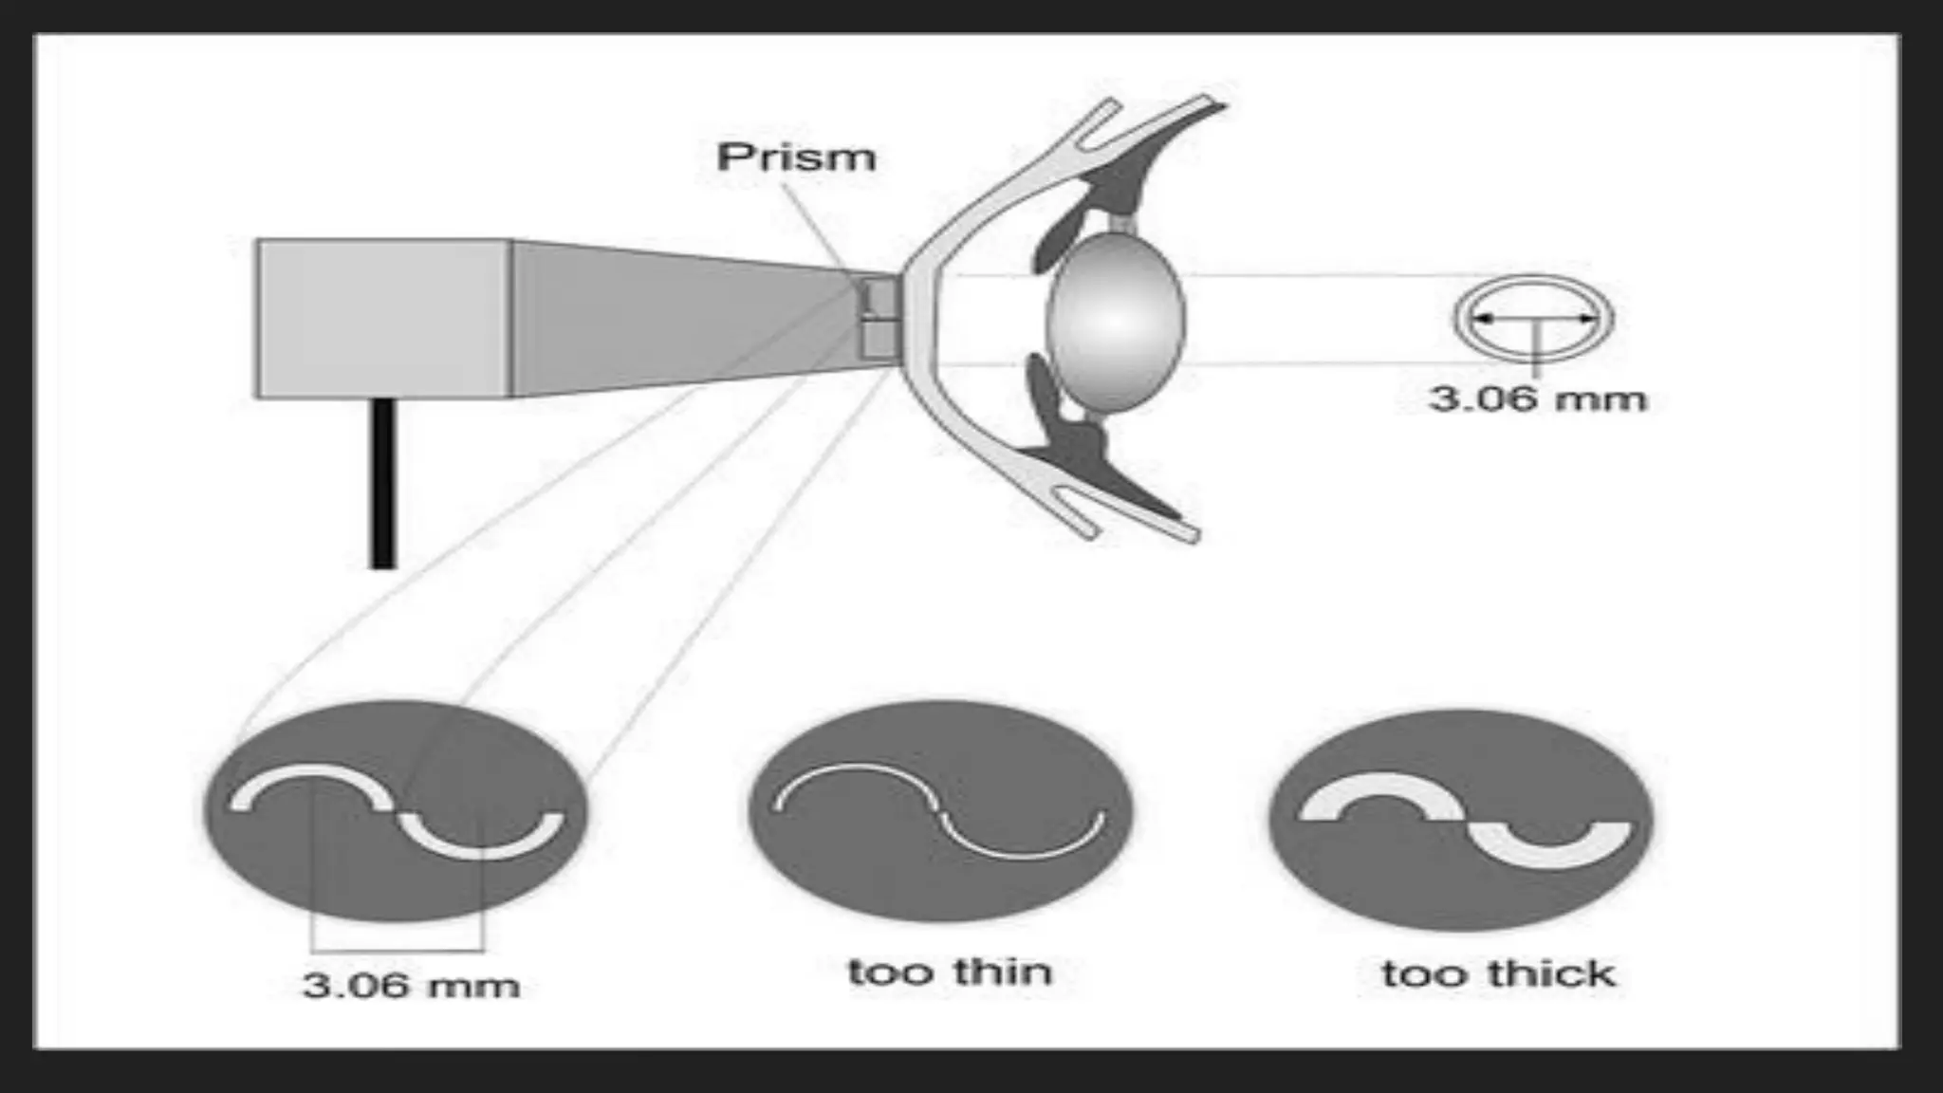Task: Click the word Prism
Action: (x=796, y=157)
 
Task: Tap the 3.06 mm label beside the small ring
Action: (x=1537, y=398)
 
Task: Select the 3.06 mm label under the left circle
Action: (x=411, y=985)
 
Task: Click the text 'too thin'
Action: (x=950, y=973)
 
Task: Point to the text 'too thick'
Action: (x=1498, y=974)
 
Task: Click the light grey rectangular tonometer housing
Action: (x=383, y=318)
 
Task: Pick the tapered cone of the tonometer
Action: (x=683, y=318)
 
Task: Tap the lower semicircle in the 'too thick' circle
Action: (x=1550, y=846)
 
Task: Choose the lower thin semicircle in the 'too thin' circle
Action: (x=1025, y=844)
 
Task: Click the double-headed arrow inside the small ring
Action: (x=1533, y=319)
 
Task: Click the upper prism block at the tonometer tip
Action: (x=879, y=296)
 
